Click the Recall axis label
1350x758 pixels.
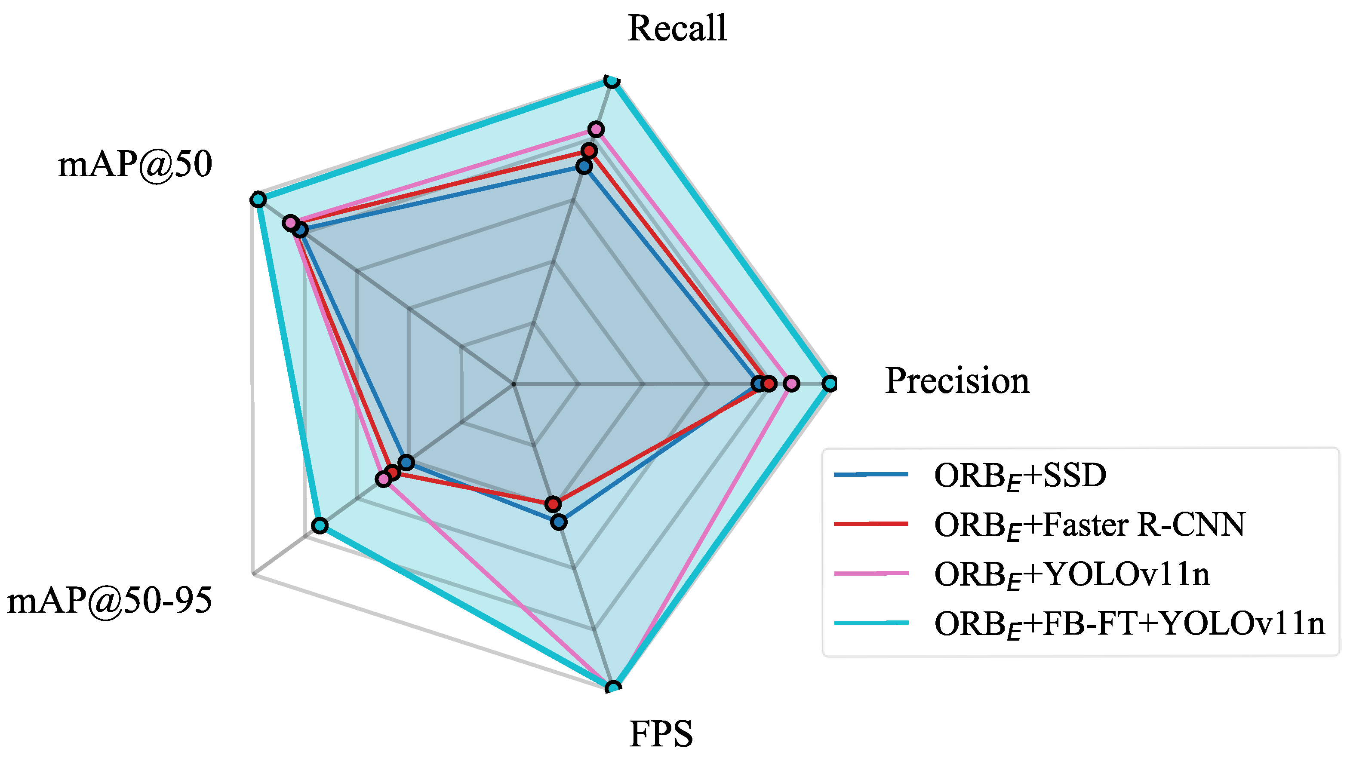tap(677, 28)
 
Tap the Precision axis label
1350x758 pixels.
tap(957, 381)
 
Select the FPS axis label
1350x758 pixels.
tap(661, 734)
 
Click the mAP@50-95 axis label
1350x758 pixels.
tap(110, 600)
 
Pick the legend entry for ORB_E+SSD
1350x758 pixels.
tap(1019, 476)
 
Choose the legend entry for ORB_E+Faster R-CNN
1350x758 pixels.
tap(1089, 525)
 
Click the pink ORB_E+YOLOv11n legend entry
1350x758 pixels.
tap(1072, 574)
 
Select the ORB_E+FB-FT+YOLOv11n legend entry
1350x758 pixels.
tap(1129, 623)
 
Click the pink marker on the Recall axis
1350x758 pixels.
tap(596, 129)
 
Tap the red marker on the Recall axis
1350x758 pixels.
tap(589, 151)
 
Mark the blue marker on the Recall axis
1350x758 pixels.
tap(584, 166)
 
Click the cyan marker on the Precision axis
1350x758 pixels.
tap(830, 384)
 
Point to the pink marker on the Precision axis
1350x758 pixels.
tap(791, 384)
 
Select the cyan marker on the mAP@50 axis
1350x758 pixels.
tap(258, 199)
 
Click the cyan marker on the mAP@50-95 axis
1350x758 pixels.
tap(320, 525)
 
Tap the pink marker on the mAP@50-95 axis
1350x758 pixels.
tap(384, 479)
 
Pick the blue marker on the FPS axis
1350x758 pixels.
tap(559, 522)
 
